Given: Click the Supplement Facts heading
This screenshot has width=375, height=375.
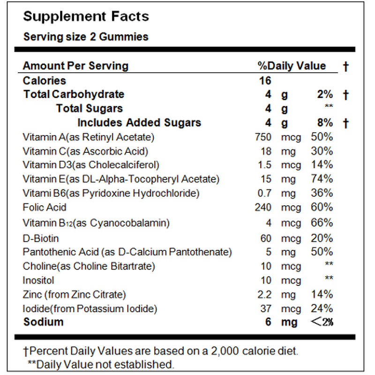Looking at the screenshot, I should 86,17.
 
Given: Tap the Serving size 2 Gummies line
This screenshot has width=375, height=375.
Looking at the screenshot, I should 86,37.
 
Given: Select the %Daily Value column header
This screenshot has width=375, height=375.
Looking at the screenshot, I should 291,66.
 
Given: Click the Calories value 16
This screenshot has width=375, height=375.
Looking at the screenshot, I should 265,81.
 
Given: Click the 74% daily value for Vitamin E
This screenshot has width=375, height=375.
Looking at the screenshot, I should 322,179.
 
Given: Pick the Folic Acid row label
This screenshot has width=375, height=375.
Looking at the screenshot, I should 45,207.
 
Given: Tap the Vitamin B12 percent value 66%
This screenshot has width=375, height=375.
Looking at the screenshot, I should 322,223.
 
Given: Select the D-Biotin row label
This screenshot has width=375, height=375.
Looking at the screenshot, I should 41,238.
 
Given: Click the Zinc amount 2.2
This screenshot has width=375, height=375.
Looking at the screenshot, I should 265,294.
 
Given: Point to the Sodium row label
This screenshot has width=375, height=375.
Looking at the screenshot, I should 43,322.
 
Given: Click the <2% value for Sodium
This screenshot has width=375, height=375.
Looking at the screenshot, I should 322,322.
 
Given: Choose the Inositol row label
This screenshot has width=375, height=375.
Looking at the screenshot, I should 38,280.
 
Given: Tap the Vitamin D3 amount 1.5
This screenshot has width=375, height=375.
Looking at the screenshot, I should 265,165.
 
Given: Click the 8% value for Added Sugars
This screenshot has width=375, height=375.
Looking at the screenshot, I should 324,123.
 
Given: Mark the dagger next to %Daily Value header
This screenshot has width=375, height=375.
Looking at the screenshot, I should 346,67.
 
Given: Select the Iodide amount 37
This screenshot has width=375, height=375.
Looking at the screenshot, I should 266,308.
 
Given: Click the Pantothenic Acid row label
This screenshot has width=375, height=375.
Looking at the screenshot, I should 127,252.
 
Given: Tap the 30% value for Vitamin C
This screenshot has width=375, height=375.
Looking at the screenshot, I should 322,151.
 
